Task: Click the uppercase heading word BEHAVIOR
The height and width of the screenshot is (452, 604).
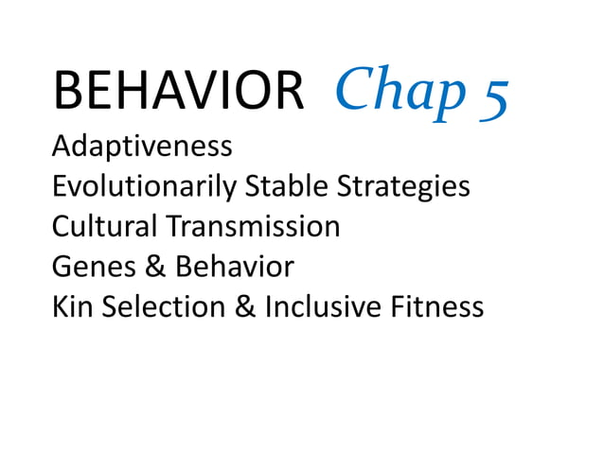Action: [x=179, y=93]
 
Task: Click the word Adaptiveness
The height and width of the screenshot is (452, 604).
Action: [x=142, y=147]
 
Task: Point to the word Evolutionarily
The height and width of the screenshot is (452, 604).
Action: [x=146, y=187]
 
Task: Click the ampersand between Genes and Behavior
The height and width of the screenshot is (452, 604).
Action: [x=155, y=267]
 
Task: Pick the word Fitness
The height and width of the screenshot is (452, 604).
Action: [x=441, y=306]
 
